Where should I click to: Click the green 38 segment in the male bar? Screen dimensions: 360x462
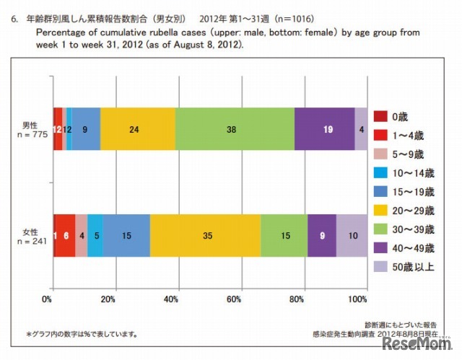(x=235, y=129)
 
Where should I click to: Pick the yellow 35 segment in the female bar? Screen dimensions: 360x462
(x=205, y=235)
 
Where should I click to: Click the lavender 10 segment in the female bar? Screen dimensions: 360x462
(x=352, y=235)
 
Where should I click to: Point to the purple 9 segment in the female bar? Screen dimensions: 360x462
(x=322, y=235)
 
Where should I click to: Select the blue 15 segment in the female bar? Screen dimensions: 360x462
(x=126, y=235)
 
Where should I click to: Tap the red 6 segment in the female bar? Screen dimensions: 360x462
(x=66, y=235)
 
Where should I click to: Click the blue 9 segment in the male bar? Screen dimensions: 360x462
(x=86, y=129)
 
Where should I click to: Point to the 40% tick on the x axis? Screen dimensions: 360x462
(x=173, y=299)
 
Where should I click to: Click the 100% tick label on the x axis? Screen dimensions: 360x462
(x=359, y=299)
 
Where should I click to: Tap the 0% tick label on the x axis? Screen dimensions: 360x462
(x=49, y=299)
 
